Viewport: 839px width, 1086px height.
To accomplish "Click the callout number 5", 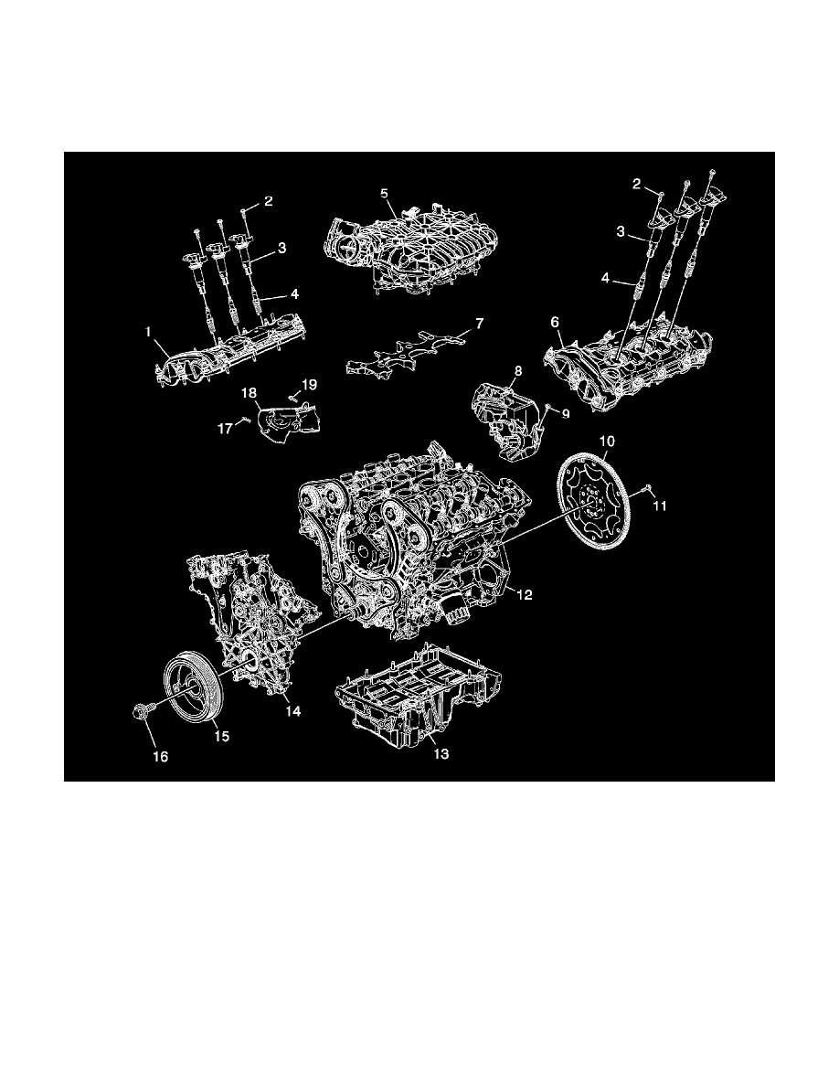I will click(x=385, y=194).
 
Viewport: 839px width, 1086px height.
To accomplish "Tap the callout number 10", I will click(x=605, y=442).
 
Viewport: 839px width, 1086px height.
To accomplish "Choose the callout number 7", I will click(x=479, y=324).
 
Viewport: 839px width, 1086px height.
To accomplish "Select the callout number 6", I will click(x=554, y=323).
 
